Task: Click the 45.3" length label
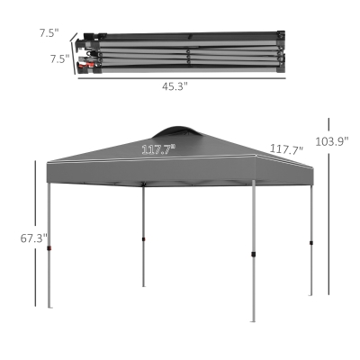[175, 86]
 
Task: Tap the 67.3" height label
[34, 238]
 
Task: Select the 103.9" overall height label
[332, 141]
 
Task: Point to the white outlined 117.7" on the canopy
[158, 149]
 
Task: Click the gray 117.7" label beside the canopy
[287, 148]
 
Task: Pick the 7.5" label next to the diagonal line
[49, 33]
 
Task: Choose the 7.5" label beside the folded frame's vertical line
[59, 58]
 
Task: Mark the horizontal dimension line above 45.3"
[182, 78]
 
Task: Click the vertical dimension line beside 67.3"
[35, 233]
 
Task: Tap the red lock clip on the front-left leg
[49, 248]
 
